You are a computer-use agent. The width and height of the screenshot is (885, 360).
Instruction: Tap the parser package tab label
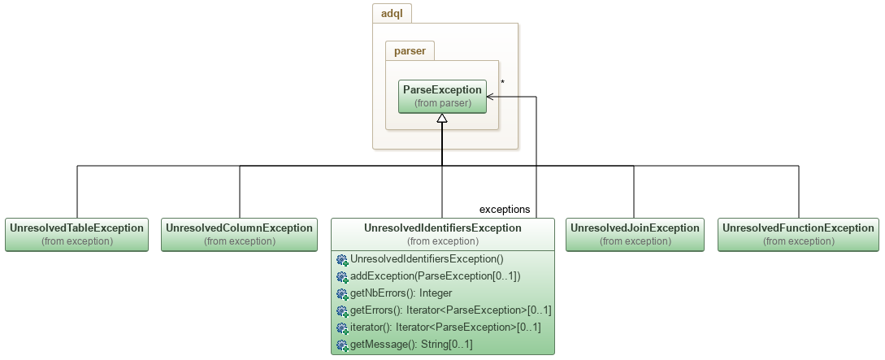[410, 51]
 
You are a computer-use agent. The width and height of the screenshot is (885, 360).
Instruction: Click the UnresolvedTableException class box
[76, 234]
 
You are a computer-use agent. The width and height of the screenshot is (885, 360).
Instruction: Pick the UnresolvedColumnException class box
[239, 234]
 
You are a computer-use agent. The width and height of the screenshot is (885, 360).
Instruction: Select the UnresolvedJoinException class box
[635, 234]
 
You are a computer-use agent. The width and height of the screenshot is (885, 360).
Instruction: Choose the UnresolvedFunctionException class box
[797, 234]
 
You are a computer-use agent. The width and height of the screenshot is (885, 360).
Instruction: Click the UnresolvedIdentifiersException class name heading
[442, 228]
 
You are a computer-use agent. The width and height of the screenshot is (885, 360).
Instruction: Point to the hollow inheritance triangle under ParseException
[442, 119]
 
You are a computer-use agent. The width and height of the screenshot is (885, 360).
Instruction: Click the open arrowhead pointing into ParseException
[491, 97]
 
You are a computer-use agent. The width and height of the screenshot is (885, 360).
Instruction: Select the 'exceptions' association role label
[505, 209]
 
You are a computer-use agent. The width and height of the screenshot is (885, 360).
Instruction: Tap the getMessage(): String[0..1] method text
[410, 345]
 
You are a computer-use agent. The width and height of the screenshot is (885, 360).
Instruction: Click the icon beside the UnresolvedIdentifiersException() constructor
[342, 260]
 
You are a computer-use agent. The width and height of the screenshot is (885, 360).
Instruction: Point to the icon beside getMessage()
[342, 345]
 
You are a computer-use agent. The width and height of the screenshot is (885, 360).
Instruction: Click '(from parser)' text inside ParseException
[442, 104]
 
